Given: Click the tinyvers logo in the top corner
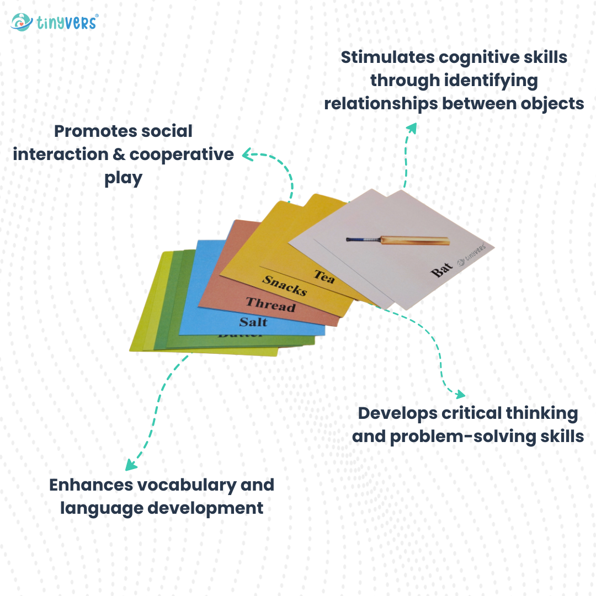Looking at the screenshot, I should point(54,22).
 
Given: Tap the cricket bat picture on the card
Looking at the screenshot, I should point(397,240).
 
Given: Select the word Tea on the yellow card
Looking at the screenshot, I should point(324,276).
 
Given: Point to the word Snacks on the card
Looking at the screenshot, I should point(284,285).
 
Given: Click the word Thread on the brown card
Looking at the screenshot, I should point(270,304).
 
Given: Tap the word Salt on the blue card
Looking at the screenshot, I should point(253,322).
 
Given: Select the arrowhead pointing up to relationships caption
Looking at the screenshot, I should point(411,127).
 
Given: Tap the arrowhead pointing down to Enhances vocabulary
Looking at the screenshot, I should point(130,465).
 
